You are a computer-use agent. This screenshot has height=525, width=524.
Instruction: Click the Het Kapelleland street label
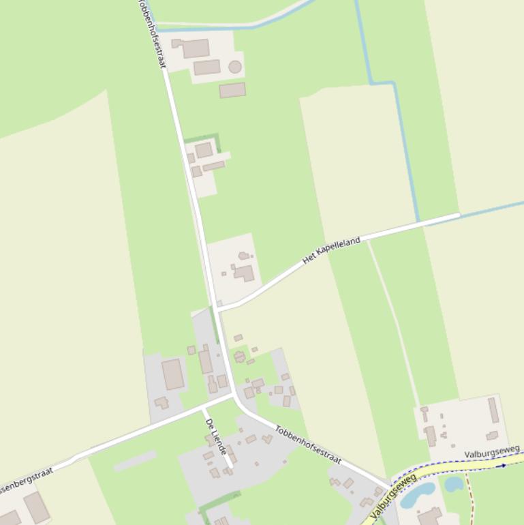(x=331, y=250)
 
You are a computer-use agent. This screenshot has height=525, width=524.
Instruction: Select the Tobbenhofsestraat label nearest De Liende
(x=308, y=445)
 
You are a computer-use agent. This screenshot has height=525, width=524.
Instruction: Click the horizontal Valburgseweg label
(x=492, y=451)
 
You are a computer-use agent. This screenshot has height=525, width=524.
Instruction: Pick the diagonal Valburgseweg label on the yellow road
(x=394, y=496)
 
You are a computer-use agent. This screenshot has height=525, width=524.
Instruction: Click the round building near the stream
(x=235, y=67)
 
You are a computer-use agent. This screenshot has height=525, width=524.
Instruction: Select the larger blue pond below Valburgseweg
(x=418, y=496)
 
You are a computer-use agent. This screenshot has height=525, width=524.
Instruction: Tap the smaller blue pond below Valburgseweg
(x=454, y=484)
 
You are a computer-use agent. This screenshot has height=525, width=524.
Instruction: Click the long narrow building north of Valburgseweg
(x=493, y=410)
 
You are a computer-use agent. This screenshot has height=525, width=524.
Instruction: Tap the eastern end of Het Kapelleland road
(x=459, y=215)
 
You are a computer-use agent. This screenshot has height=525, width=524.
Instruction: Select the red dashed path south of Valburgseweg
(x=469, y=501)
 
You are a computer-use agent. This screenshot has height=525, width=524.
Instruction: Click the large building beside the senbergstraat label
(x=36, y=507)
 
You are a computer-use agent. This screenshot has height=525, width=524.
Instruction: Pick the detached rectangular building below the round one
(x=232, y=90)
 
